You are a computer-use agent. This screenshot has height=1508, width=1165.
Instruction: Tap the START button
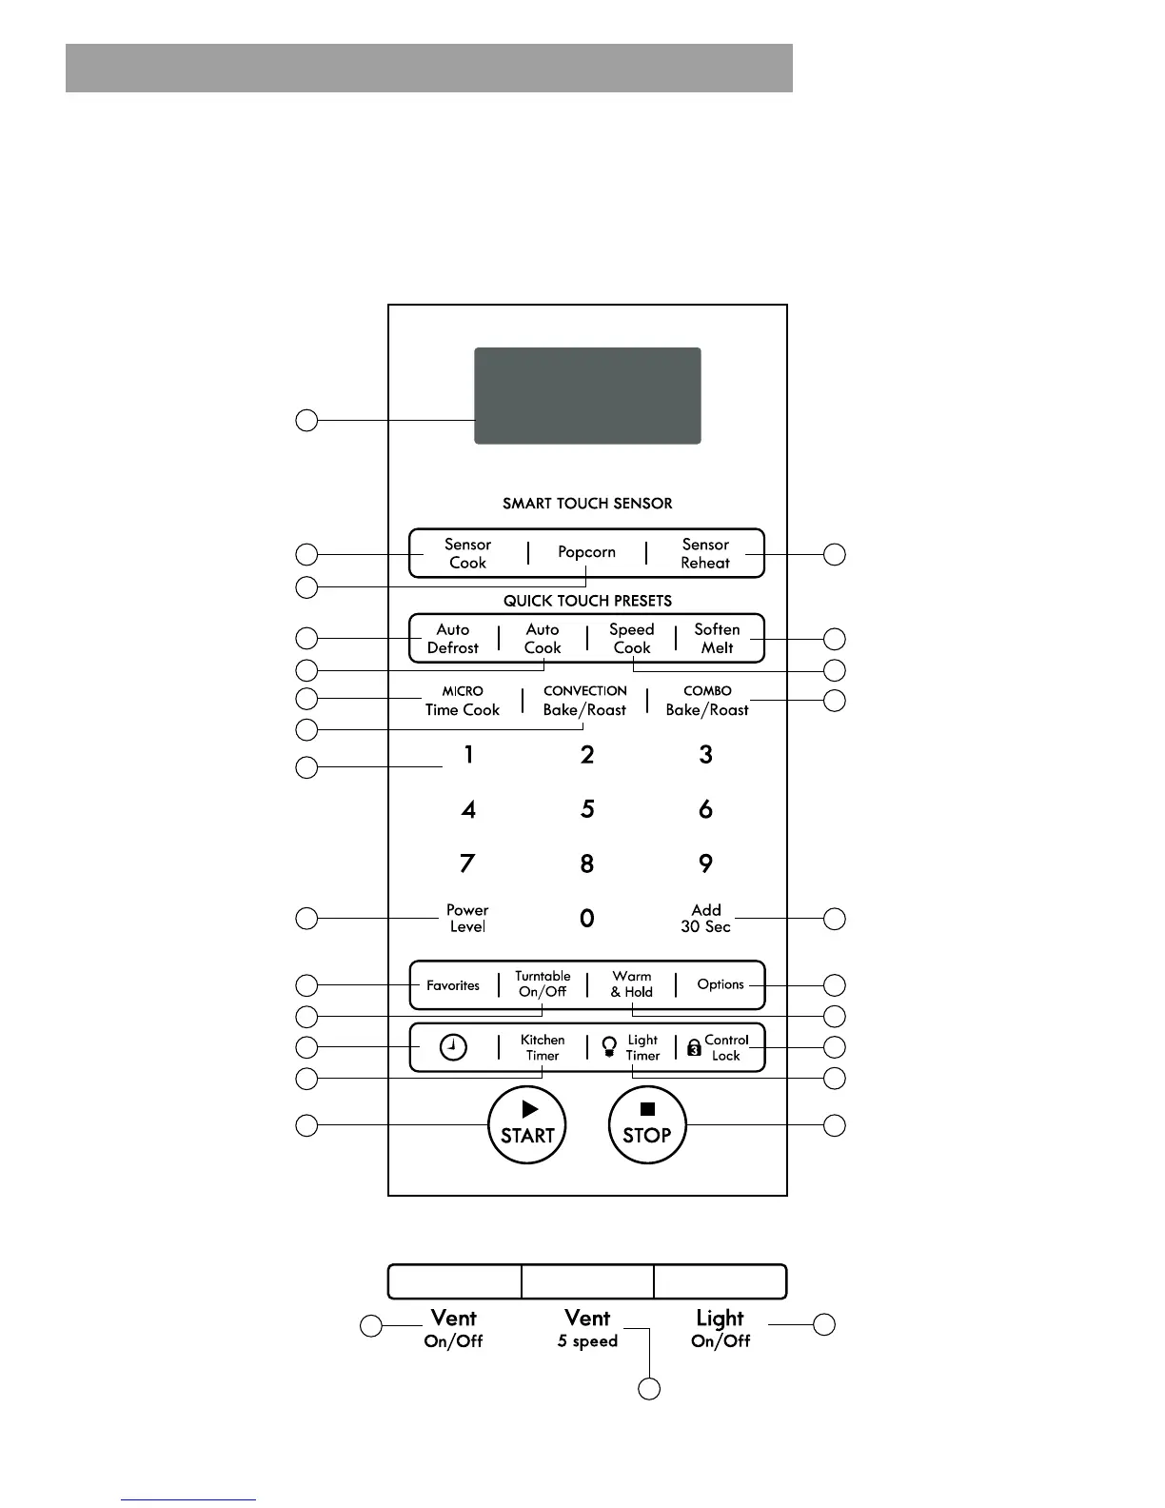point(527,1125)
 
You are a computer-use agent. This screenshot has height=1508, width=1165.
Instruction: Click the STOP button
point(647,1125)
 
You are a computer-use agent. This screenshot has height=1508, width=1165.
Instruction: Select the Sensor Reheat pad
point(705,553)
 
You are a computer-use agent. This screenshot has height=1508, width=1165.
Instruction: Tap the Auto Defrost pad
point(453,638)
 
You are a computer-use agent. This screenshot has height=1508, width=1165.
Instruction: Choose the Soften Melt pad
point(717,638)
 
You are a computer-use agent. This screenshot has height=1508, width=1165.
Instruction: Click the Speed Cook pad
point(632,638)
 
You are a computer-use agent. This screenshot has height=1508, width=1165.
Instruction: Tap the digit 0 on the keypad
point(587,918)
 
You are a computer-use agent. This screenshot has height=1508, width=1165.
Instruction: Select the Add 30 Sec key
point(706,918)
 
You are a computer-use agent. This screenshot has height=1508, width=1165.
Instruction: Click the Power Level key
point(467,918)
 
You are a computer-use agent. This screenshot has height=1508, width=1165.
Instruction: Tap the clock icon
point(454,1047)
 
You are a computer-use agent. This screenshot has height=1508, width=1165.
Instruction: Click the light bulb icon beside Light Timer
point(610,1047)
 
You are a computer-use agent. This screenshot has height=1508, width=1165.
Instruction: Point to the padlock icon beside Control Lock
point(694,1048)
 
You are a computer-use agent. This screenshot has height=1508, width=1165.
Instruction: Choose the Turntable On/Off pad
point(543,983)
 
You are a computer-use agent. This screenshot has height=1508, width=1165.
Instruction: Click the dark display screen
point(587,395)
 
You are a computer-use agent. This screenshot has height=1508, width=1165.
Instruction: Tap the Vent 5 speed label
point(587,1328)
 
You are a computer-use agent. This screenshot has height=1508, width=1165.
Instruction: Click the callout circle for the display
point(306,420)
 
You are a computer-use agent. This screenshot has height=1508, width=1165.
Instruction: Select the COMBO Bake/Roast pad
point(707,701)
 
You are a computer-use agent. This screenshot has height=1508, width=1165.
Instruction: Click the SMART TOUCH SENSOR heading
point(587,504)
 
